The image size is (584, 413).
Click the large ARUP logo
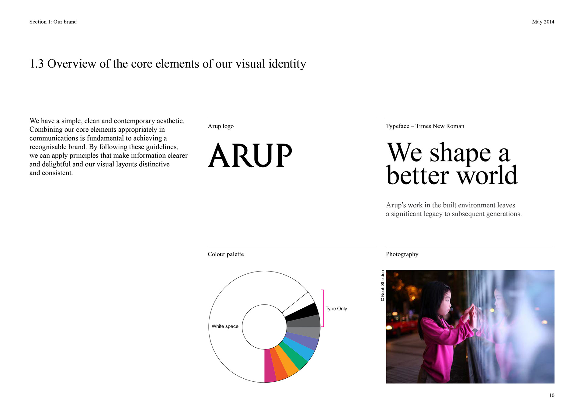click(250, 155)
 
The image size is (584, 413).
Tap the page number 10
click(552, 395)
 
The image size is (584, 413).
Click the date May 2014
click(543, 22)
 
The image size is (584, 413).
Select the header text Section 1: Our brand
click(53, 22)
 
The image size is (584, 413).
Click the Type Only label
click(336, 308)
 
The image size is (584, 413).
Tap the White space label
click(225, 326)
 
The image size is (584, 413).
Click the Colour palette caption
click(226, 254)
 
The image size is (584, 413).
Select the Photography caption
click(402, 254)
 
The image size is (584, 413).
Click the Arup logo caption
click(221, 126)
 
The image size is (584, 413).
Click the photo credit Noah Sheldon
click(383, 286)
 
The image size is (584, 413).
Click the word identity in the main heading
click(287, 64)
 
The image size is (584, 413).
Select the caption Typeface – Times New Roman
click(425, 126)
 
